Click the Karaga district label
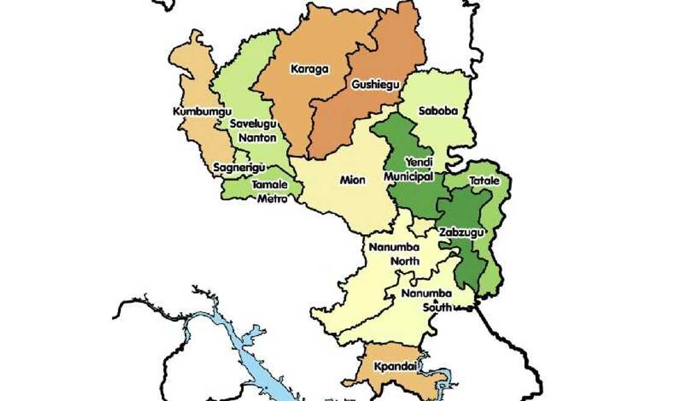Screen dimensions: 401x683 coord(309,69)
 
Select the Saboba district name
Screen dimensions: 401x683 coord(437,111)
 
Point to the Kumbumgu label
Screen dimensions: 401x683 coord(194,112)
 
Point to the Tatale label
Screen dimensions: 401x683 coord(484,181)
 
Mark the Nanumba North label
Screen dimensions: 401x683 coord(394,254)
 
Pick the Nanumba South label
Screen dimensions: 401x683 coord(427,300)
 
